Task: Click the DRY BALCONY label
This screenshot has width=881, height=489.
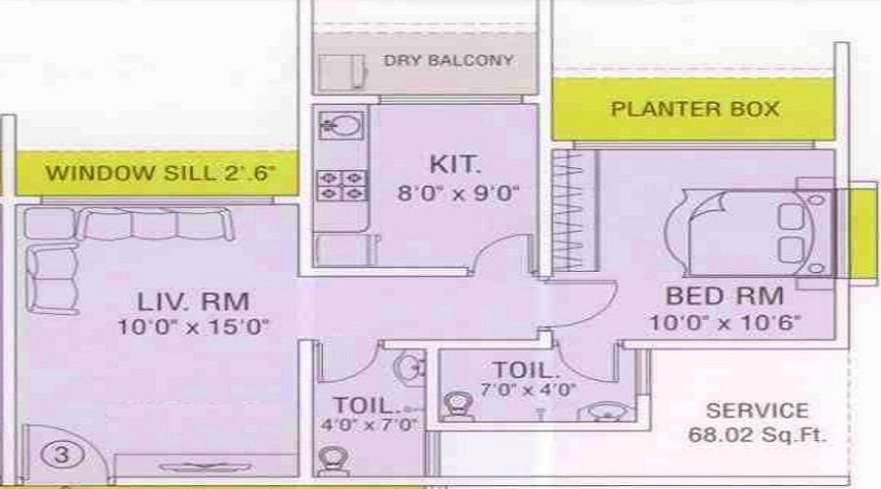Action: [x=448, y=61]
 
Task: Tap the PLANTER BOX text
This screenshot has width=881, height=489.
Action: [x=695, y=109]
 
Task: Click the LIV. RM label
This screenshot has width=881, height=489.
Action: [x=193, y=299]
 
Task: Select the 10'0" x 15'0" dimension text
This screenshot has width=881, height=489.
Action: [x=193, y=327]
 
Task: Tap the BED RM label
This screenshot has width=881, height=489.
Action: [x=724, y=295]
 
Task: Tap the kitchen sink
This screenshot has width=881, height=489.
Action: [x=342, y=126]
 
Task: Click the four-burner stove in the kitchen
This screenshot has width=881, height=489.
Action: [x=341, y=185]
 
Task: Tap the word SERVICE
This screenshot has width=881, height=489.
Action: [x=758, y=411]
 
